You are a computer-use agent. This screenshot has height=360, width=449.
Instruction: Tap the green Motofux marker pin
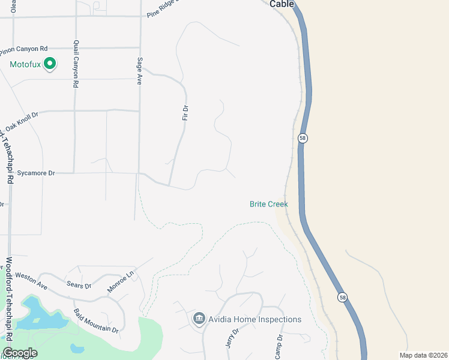tap(50, 63)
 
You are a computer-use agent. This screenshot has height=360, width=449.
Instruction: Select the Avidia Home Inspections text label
tap(255, 319)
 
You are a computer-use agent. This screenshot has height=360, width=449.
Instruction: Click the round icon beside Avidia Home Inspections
tap(199, 319)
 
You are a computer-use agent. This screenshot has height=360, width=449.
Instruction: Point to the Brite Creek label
tap(269, 205)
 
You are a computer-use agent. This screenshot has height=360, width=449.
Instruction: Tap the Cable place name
tap(282, 4)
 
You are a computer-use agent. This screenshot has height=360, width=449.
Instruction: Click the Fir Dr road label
tap(185, 112)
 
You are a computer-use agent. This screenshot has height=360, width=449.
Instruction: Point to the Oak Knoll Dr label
tap(21, 122)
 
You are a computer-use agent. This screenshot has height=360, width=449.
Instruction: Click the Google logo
tap(20, 353)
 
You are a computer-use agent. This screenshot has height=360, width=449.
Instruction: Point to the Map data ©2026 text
tap(423, 355)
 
